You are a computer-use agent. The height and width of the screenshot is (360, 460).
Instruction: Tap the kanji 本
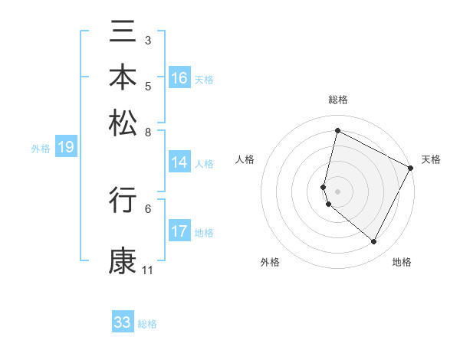[123, 77]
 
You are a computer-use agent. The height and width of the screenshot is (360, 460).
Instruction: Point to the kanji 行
[123, 200]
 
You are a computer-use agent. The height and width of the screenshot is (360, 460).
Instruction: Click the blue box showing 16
[179, 78]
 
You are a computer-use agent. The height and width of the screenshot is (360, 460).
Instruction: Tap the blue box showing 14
[179, 162]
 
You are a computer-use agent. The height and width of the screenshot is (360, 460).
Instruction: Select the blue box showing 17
[179, 232]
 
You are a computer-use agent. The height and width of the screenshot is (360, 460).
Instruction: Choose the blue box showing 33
[123, 322]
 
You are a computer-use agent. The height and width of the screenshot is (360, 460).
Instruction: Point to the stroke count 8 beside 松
[148, 132]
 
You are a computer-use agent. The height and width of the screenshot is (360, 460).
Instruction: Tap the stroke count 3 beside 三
[148, 40]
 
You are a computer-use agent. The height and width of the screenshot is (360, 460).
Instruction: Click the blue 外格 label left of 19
[41, 149]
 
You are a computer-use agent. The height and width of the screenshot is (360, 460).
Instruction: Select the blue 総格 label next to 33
[147, 324]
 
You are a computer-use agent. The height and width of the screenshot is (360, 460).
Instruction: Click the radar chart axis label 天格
[431, 160]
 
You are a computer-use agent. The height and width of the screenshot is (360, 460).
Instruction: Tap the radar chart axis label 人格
[245, 160]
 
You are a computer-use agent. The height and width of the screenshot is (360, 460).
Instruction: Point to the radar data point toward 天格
[411, 169]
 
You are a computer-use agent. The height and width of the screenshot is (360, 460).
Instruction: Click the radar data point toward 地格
[374, 242]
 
